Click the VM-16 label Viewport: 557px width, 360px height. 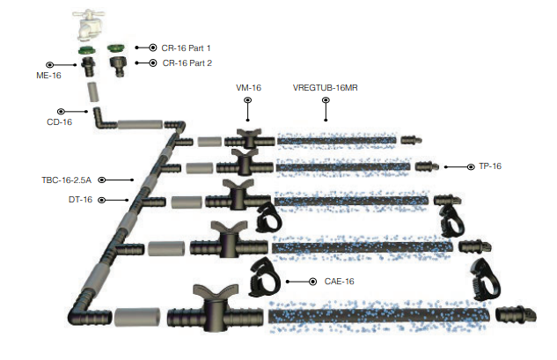249,89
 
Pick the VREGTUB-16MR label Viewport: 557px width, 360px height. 325,89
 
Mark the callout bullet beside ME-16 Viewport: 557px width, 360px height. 49,64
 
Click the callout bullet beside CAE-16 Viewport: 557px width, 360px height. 313,282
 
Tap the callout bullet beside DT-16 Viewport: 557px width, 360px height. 102,200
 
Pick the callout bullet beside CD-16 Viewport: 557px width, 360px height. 61,111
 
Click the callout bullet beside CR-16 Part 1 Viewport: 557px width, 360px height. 152,48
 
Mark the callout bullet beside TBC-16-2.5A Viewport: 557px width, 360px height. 132,180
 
